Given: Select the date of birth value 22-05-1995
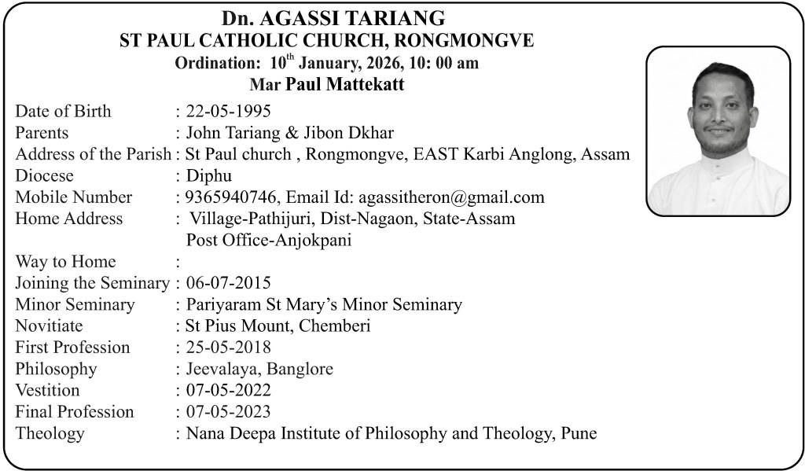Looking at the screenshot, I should pyautogui.click(x=228, y=111).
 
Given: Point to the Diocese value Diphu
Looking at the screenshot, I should pyautogui.click(x=208, y=175).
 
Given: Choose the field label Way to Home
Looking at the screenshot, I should pyautogui.click(x=65, y=262).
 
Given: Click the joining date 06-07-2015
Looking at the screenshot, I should pyautogui.click(x=228, y=282).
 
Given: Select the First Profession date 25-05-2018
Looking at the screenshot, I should pyautogui.click(x=228, y=347).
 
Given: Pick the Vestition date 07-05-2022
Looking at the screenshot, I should pyautogui.click(x=228, y=390).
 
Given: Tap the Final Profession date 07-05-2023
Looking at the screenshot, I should pyautogui.click(x=228, y=411).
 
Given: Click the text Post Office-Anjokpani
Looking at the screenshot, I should pyautogui.click(x=268, y=240).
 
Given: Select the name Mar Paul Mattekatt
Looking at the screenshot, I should pyautogui.click(x=326, y=84).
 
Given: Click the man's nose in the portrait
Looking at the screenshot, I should pyautogui.click(x=719, y=112).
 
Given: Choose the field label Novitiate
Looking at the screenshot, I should pyautogui.click(x=49, y=326).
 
